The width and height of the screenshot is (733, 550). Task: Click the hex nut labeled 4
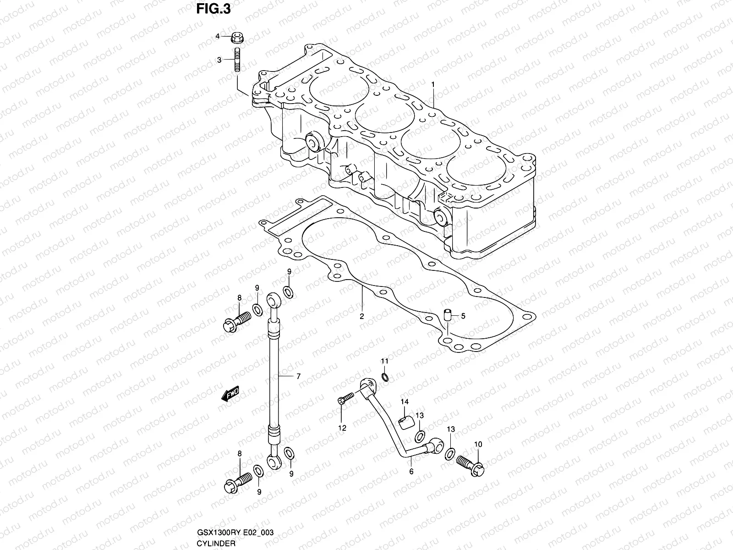[238, 36]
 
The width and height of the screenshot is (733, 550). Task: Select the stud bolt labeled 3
[238, 60]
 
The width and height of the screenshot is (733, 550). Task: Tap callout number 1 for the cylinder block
[432, 84]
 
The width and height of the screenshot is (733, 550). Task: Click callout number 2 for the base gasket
[361, 316]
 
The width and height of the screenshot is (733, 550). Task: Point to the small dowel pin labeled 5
[448, 315]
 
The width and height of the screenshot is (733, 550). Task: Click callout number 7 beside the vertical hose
[298, 376]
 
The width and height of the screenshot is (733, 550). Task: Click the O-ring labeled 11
[385, 377]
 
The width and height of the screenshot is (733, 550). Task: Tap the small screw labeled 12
[347, 400]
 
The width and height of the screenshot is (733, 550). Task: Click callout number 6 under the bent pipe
[411, 471]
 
